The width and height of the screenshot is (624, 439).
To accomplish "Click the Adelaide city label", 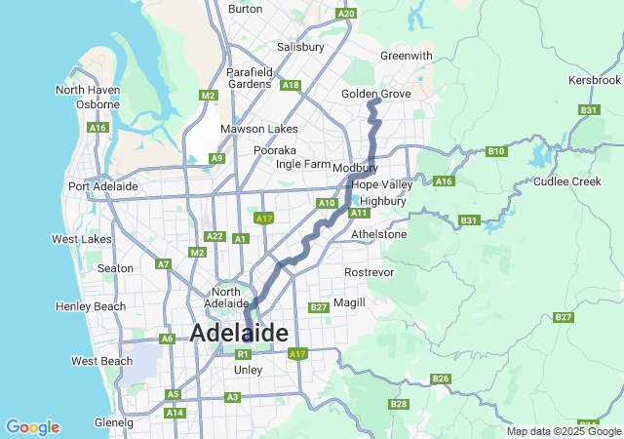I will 239,333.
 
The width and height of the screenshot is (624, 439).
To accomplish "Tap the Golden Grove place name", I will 375,94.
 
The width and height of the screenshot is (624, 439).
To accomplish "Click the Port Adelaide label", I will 102,186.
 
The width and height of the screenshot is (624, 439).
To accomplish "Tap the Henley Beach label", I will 91,306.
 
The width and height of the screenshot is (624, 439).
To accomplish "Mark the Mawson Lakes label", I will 258,129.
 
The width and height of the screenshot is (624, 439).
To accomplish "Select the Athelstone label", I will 378,234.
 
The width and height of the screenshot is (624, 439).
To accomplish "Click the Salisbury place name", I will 300,47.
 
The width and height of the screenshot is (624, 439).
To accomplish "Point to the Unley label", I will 249,370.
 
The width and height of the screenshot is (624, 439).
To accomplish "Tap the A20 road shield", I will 345,14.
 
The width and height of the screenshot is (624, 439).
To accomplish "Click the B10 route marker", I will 496,151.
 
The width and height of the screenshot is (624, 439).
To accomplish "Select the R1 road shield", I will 244,354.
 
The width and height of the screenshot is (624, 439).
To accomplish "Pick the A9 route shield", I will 216,158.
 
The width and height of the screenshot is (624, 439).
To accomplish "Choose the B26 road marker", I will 440,379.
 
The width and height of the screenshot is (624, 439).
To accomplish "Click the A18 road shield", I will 290,86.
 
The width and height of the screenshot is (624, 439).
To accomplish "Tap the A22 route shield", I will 214,236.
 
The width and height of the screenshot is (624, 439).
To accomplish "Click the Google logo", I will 32,427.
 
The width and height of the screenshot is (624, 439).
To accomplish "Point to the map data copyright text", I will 564,431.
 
